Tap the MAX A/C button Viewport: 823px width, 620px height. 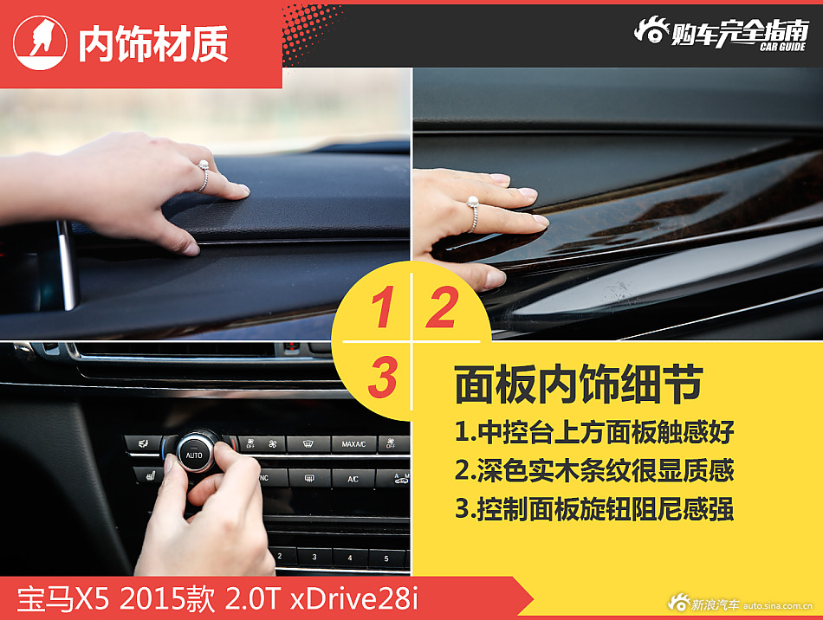point(353,444)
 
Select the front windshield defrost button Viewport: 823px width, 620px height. point(308,444)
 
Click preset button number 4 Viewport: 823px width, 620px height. point(350,558)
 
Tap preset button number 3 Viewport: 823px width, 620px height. point(314,557)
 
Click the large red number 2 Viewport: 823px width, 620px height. point(440,309)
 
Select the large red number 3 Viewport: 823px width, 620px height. point(382,378)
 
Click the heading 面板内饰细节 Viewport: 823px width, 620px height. point(577,385)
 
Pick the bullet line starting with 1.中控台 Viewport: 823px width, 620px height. point(594,430)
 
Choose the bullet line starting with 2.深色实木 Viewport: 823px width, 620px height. point(594,470)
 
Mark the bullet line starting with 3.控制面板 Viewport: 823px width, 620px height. point(594,509)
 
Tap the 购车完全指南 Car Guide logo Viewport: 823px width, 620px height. point(721,34)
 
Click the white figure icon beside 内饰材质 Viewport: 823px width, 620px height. point(41,42)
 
